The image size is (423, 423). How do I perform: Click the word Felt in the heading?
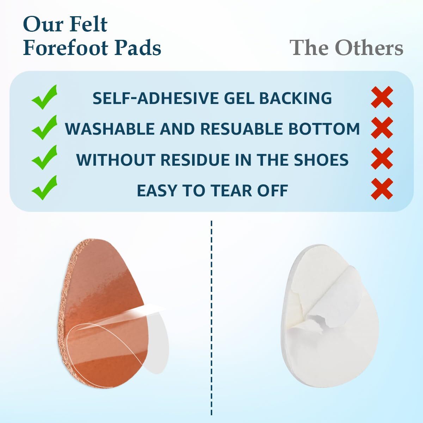(x=89, y=24)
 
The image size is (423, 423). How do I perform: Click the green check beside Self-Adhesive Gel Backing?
(x=44, y=97)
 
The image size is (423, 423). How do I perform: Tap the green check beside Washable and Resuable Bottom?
(x=44, y=127)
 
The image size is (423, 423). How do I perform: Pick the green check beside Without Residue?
(x=44, y=158)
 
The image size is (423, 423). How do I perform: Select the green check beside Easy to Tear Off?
(x=44, y=188)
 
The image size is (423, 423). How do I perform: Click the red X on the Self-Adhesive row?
(x=382, y=97)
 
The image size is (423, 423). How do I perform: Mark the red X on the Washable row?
(x=382, y=128)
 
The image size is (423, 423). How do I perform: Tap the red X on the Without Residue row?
(x=382, y=158)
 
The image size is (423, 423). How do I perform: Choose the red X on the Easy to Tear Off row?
(x=382, y=189)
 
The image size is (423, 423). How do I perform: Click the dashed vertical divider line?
(x=211, y=320)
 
